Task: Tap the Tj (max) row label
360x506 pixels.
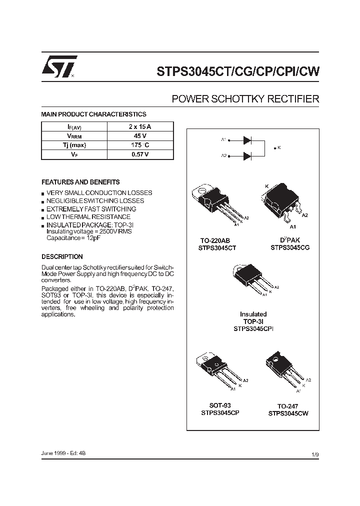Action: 74,145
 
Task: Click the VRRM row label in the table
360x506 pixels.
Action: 74,136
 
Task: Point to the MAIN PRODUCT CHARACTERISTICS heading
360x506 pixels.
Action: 93,114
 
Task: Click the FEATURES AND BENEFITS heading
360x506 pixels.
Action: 80,182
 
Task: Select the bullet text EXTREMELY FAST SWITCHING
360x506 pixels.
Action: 91,209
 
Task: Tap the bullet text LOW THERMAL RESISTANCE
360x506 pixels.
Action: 88,217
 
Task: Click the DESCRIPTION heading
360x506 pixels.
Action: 62,256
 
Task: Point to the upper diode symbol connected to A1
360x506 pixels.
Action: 246,140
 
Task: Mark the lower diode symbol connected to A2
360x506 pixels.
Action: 246,156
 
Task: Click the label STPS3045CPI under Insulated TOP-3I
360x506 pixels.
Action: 253,329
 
